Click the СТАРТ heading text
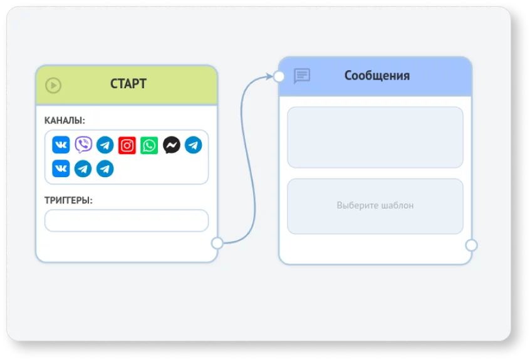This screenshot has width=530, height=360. click(x=128, y=84)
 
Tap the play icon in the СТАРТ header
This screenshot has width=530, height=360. click(x=53, y=85)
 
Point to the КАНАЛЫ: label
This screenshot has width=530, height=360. click(x=65, y=120)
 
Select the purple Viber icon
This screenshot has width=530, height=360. click(x=83, y=145)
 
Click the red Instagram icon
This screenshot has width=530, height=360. click(x=127, y=145)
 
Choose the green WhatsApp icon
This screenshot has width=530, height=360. click(x=149, y=145)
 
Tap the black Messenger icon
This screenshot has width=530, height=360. click(x=172, y=145)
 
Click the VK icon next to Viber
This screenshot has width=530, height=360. click(x=61, y=145)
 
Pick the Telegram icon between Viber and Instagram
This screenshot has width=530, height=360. click(x=105, y=145)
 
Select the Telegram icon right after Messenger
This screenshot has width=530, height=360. click(x=194, y=145)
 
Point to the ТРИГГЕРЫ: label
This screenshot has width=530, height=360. click(x=68, y=200)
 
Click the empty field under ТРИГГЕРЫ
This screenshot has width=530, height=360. click(x=127, y=220)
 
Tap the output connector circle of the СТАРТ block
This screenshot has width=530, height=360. click(x=217, y=243)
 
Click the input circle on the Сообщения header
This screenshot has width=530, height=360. click(x=279, y=76)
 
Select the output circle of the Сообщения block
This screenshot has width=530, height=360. click(x=471, y=245)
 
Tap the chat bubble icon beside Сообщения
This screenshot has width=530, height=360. click(x=302, y=76)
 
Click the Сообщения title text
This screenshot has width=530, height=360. click(x=377, y=76)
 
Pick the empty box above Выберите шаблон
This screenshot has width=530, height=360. click(x=375, y=137)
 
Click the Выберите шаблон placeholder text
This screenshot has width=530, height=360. click(x=375, y=205)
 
